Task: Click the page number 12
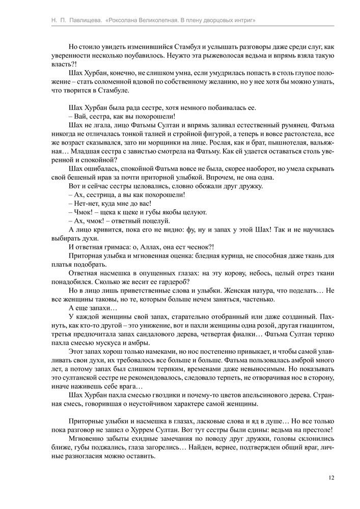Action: [331, 477]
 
